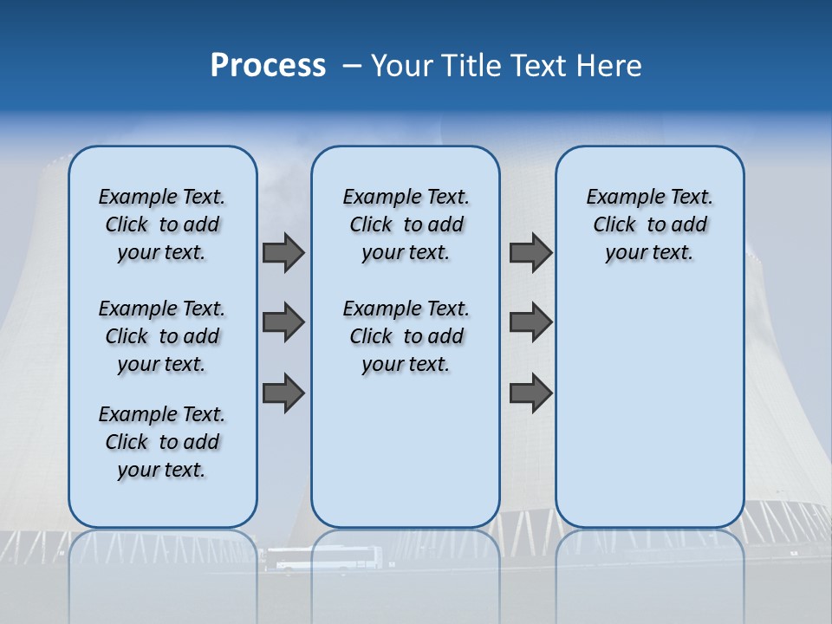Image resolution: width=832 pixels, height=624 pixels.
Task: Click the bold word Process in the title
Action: [x=268, y=65]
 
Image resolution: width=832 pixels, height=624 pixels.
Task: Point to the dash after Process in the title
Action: [x=352, y=66]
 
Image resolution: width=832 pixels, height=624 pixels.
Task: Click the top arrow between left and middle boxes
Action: [x=283, y=252]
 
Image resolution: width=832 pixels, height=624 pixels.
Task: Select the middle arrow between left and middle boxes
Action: [x=283, y=322]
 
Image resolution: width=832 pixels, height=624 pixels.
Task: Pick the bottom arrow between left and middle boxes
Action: [x=283, y=393]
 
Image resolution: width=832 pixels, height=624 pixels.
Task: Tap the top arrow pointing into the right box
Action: [x=530, y=252]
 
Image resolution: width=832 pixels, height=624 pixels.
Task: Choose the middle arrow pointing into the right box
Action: [x=530, y=322]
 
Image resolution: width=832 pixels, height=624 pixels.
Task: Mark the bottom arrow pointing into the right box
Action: [x=530, y=393]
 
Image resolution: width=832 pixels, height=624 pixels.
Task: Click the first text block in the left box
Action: [x=162, y=224]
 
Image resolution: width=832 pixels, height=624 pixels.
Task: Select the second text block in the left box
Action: [x=162, y=336]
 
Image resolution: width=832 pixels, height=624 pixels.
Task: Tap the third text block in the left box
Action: [x=162, y=442]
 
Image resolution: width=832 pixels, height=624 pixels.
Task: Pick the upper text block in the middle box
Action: [x=406, y=224]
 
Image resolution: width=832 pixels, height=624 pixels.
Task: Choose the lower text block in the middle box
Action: [x=406, y=336]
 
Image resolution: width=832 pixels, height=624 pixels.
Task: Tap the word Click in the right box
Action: [x=614, y=225]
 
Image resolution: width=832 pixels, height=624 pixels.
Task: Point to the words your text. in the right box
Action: [x=649, y=253]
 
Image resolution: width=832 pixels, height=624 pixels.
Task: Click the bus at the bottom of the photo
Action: [x=322, y=559]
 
